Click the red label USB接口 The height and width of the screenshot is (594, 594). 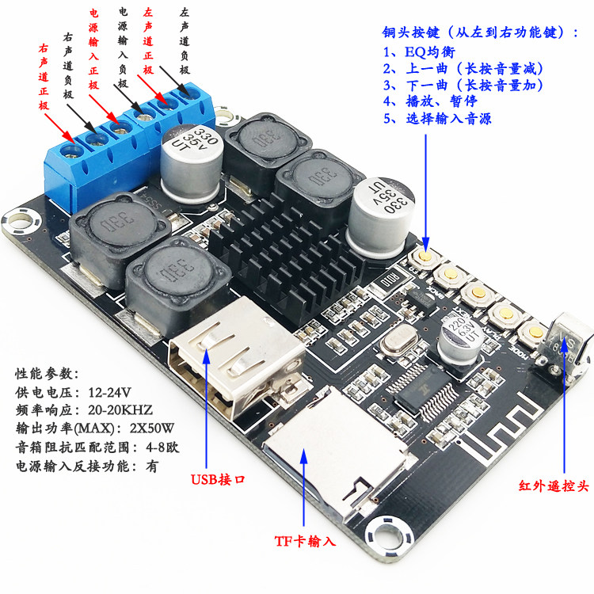point(218,480)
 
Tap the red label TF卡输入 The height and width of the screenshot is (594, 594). point(305,541)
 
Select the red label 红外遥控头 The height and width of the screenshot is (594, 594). point(554,485)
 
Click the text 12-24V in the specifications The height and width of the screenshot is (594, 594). point(109,392)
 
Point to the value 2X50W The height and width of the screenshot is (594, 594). point(152,428)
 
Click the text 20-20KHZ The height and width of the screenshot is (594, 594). point(120,410)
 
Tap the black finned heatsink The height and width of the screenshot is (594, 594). point(288,257)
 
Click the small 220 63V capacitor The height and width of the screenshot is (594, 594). point(459,341)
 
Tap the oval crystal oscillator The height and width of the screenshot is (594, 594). point(399,339)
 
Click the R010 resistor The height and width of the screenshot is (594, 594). point(390,281)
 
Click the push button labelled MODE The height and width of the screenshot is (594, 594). point(535,332)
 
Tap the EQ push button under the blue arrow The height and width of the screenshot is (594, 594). point(425,257)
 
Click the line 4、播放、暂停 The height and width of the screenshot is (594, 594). point(430,101)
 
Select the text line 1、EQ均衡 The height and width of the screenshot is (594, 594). point(419,51)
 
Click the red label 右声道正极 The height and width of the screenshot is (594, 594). point(44,77)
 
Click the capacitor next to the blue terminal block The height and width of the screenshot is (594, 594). point(191,163)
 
